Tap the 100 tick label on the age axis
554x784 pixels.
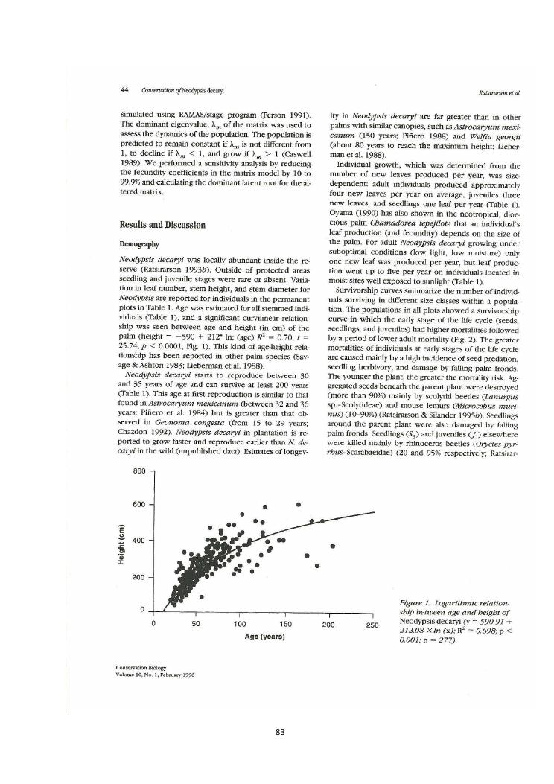click(241, 625)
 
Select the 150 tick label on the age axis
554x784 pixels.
click(284, 625)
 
